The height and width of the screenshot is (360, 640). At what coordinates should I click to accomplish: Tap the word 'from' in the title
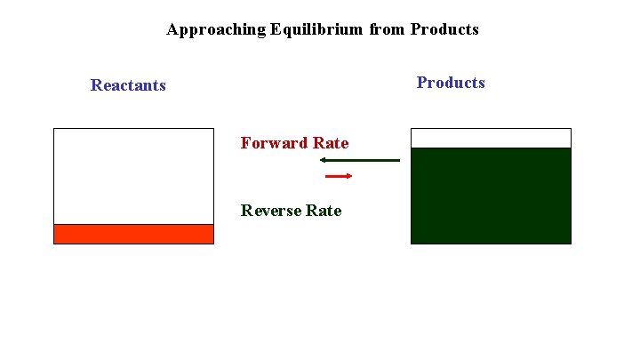(x=387, y=29)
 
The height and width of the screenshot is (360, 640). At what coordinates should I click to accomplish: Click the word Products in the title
(x=444, y=29)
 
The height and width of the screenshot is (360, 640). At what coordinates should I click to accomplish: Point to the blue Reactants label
(x=128, y=85)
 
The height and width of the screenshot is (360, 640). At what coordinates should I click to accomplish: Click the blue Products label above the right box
(x=451, y=83)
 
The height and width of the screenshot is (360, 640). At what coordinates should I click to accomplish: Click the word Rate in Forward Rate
(x=331, y=143)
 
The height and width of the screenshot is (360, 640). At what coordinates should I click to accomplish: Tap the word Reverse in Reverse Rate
(x=270, y=211)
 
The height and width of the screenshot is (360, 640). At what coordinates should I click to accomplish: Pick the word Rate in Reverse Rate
(x=324, y=211)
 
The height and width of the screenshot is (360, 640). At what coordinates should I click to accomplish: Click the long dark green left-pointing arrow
(x=360, y=160)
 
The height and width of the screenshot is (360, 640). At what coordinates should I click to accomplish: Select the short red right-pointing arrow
(x=338, y=176)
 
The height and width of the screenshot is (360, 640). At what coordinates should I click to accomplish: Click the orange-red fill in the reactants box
(x=133, y=234)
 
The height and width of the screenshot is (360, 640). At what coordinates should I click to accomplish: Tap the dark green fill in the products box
(x=491, y=196)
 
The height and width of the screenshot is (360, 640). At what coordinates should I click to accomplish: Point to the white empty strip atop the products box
(x=491, y=138)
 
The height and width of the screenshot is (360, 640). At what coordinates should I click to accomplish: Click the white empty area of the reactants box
(x=133, y=176)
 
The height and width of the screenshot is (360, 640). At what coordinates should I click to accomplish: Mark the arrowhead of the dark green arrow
(x=324, y=160)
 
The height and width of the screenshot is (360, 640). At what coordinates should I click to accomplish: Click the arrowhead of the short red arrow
(x=349, y=176)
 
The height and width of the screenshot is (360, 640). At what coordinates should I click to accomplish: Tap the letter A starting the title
(x=172, y=29)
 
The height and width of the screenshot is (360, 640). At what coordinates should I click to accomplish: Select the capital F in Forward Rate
(x=245, y=143)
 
